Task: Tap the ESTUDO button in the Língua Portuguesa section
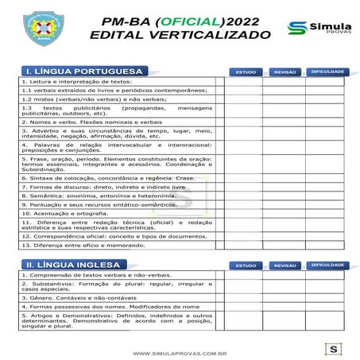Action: pos(246,72)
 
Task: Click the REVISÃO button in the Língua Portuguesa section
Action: pos(285,72)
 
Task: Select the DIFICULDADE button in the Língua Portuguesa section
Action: pos(327,72)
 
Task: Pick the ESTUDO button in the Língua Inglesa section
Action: pos(246,265)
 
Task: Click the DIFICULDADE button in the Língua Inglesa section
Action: pos(327,265)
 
